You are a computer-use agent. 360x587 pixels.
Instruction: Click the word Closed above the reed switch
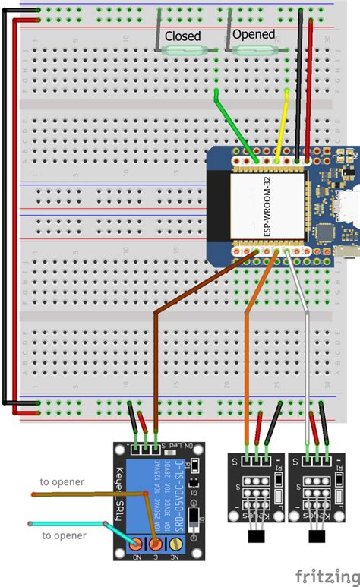tap(182, 35)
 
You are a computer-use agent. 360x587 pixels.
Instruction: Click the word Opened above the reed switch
tap(253, 34)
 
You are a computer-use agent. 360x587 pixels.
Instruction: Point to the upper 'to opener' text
tap(63, 482)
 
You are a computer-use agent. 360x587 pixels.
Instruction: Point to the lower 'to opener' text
tap(63, 535)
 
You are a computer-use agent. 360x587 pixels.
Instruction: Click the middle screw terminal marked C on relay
tap(156, 544)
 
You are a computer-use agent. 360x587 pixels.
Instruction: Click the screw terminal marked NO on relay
tap(137, 544)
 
